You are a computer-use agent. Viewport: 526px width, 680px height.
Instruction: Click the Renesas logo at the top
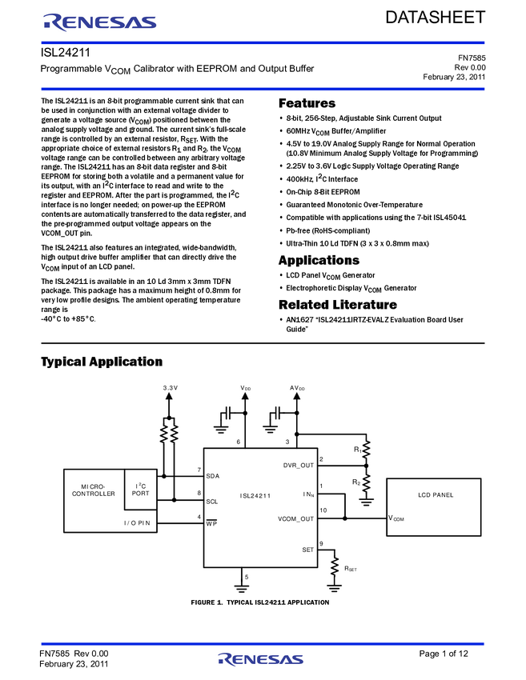pyautogui.click(x=100, y=22)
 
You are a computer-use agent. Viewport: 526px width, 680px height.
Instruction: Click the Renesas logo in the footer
pyautogui.click(x=261, y=659)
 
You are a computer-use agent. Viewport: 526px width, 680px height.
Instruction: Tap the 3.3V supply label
pyautogui.click(x=170, y=388)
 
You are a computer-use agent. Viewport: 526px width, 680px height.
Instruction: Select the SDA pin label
pyautogui.click(x=212, y=476)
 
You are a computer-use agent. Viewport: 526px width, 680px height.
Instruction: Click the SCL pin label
pyautogui.click(x=212, y=502)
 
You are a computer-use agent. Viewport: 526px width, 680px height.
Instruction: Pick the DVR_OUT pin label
pyautogui.click(x=299, y=465)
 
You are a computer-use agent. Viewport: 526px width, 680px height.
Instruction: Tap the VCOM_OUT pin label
pyautogui.click(x=296, y=518)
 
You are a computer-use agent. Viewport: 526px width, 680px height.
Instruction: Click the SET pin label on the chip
pyautogui.click(x=308, y=550)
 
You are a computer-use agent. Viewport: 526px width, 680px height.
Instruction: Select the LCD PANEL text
pyautogui.click(x=436, y=495)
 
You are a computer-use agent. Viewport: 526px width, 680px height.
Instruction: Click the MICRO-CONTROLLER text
pyautogui.click(x=94, y=490)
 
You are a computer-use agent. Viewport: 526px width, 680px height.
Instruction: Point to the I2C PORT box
pyautogui.click(x=141, y=490)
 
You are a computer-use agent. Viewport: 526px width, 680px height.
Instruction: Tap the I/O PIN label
pyautogui.click(x=137, y=523)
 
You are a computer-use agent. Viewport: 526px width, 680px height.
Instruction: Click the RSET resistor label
pyautogui.click(x=350, y=568)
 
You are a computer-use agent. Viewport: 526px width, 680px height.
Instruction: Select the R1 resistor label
pyautogui.click(x=357, y=450)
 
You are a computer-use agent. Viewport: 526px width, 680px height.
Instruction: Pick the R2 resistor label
pyautogui.click(x=357, y=482)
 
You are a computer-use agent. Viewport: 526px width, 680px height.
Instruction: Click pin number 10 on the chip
pyautogui.click(x=323, y=510)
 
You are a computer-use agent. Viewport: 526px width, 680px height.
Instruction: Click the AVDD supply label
pyautogui.click(x=297, y=388)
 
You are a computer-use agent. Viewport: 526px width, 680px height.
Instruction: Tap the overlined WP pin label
pyautogui.click(x=212, y=523)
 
